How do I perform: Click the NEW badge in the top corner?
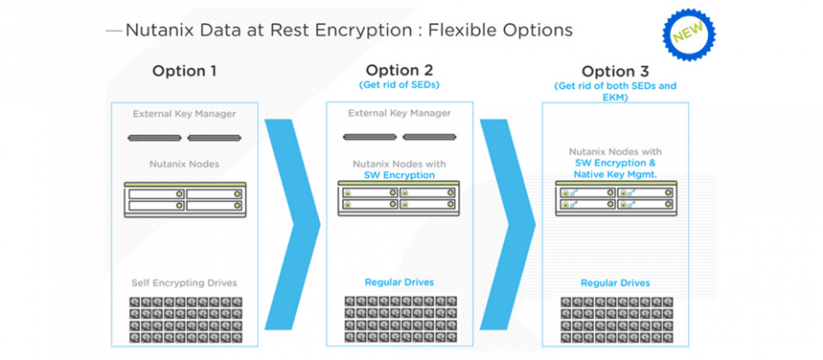(689, 34)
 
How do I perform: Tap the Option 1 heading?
(184, 71)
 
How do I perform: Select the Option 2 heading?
(399, 69)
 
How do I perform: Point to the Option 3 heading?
(616, 71)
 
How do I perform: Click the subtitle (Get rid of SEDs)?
(399, 85)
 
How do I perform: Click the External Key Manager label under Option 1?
(184, 113)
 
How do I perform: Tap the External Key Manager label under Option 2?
(399, 113)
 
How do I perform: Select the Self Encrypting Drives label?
(184, 283)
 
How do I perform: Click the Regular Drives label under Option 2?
(399, 282)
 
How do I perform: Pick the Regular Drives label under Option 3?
(616, 283)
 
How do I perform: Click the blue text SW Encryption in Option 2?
(399, 175)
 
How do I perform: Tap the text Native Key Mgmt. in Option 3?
(616, 173)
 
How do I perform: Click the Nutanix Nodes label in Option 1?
(184, 164)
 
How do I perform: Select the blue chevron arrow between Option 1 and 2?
(292, 225)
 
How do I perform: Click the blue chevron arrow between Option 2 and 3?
(508, 225)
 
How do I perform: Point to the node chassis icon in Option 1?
(185, 200)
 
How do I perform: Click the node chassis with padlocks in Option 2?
(399, 198)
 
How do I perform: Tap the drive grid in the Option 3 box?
(616, 320)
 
